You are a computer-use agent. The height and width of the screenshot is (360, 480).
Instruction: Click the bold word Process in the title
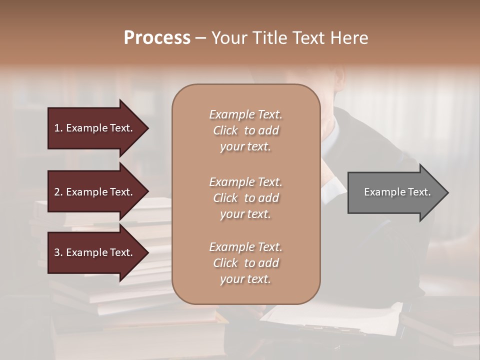pyautogui.click(x=157, y=38)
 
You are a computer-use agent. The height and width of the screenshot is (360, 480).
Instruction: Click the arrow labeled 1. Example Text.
pyautogui.click(x=95, y=128)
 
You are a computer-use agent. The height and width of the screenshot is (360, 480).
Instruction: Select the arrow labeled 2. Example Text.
pyautogui.click(x=95, y=192)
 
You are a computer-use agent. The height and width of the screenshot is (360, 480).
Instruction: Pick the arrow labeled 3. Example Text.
pyautogui.click(x=95, y=252)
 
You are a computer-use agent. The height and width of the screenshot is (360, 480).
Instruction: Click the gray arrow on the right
pyautogui.click(x=395, y=192)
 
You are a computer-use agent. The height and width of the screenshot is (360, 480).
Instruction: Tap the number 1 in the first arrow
pyautogui.click(x=57, y=128)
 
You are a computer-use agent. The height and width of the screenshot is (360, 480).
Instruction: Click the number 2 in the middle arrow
pyautogui.click(x=57, y=192)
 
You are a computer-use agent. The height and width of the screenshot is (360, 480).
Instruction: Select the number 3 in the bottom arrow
pyautogui.click(x=57, y=252)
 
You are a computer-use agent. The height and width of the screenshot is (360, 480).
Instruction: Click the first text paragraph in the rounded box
pyautogui.click(x=245, y=130)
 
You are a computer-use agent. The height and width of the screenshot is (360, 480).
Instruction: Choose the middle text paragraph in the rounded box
pyautogui.click(x=245, y=197)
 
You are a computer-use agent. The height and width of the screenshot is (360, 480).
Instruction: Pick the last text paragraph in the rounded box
pyautogui.click(x=245, y=262)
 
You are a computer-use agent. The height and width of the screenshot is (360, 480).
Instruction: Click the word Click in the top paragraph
pyautogui.click(x=225, y=130)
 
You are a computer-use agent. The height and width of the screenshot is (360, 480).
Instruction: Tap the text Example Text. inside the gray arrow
pyautogui.click(x=397, y=192)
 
